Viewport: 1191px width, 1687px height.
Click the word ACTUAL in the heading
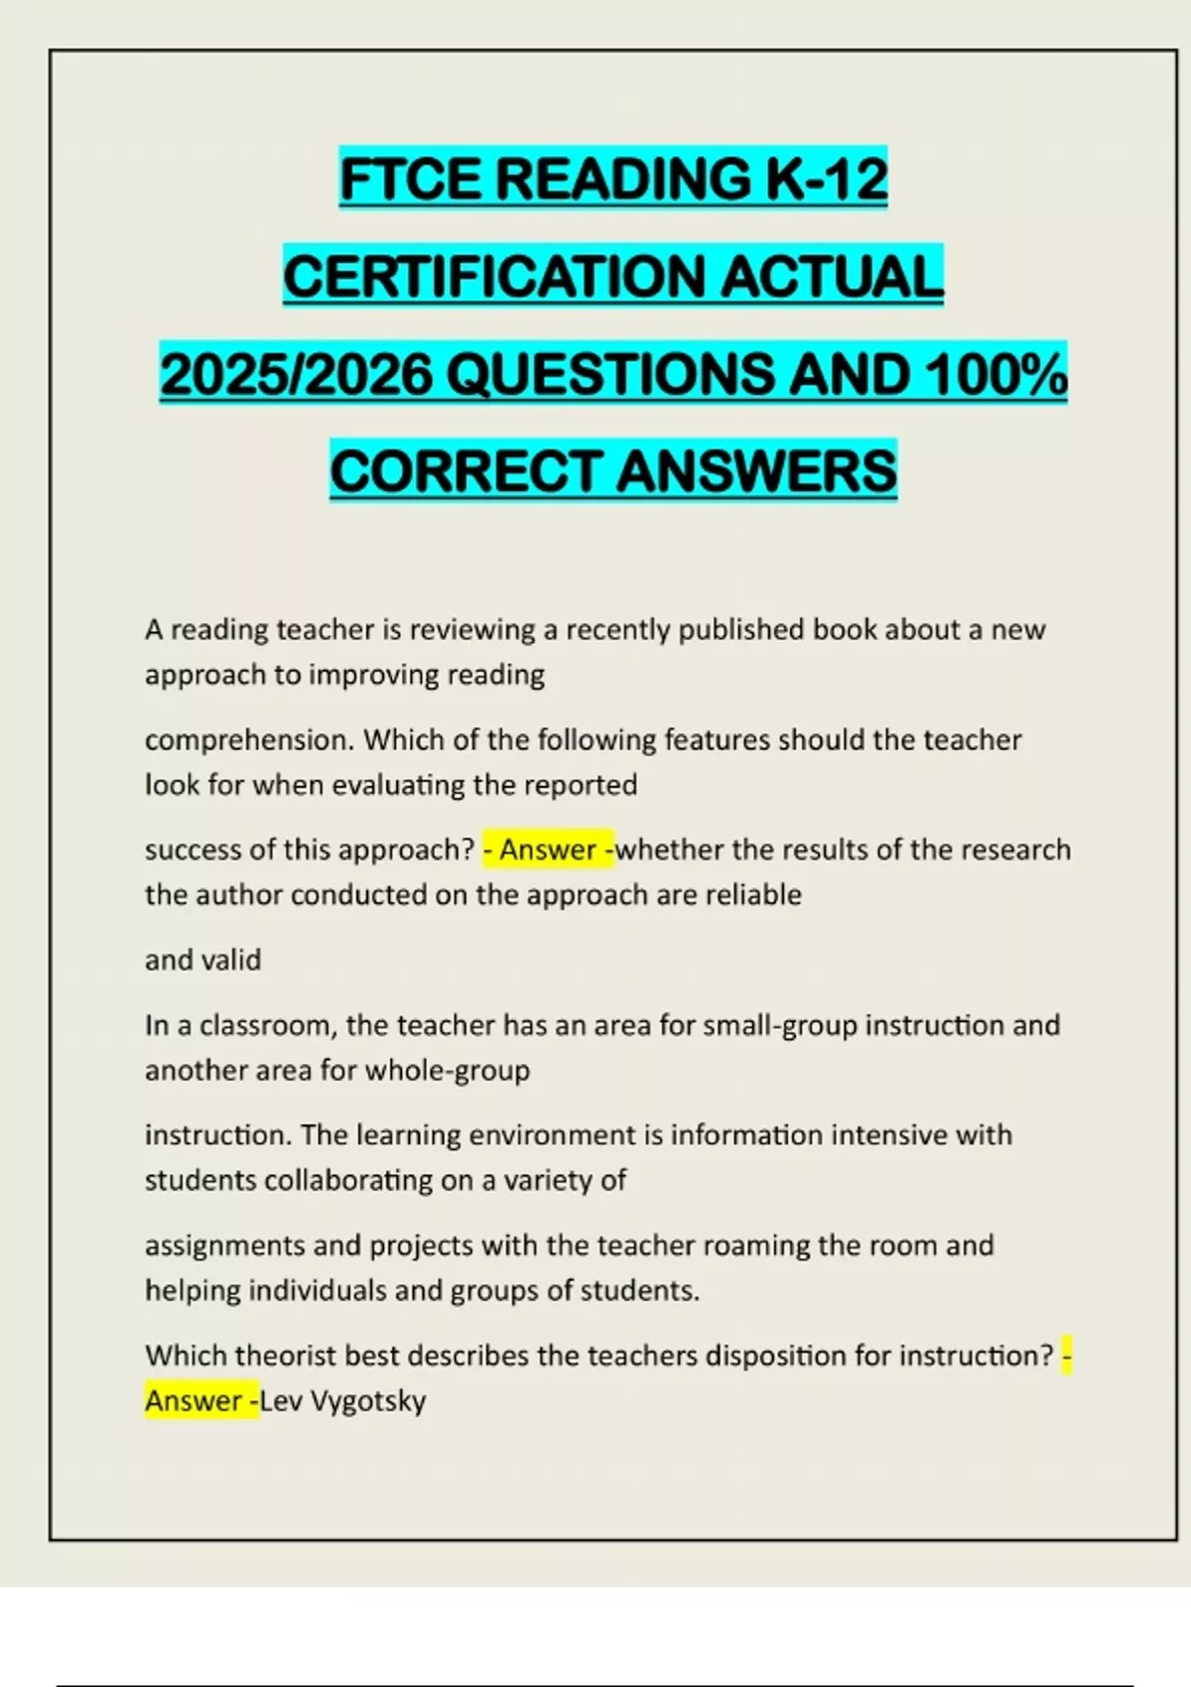coord(831,276)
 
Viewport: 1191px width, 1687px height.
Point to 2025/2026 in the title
coord(297,374)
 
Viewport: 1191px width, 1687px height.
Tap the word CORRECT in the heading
coord(465,470)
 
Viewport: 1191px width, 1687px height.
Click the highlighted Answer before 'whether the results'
coord(547,850)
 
